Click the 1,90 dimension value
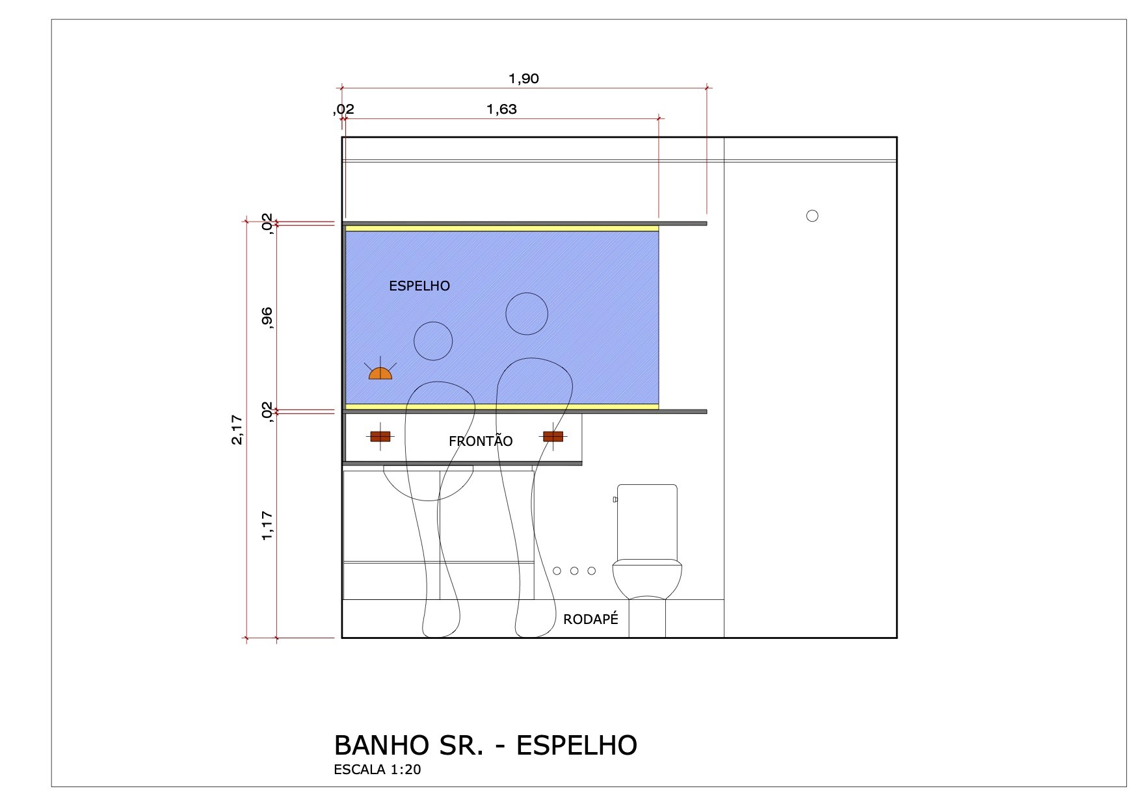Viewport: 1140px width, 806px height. point(524,79)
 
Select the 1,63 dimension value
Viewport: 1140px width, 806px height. point(501,109)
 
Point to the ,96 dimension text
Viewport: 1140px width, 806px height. point(267,318)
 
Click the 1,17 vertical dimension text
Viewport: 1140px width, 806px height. point(267,525)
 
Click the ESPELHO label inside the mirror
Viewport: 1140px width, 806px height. point(419,286)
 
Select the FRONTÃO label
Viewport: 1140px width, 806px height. point(481,441)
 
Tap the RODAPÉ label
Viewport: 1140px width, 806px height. point(590,619)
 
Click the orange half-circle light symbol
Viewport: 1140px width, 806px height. point(380,373)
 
